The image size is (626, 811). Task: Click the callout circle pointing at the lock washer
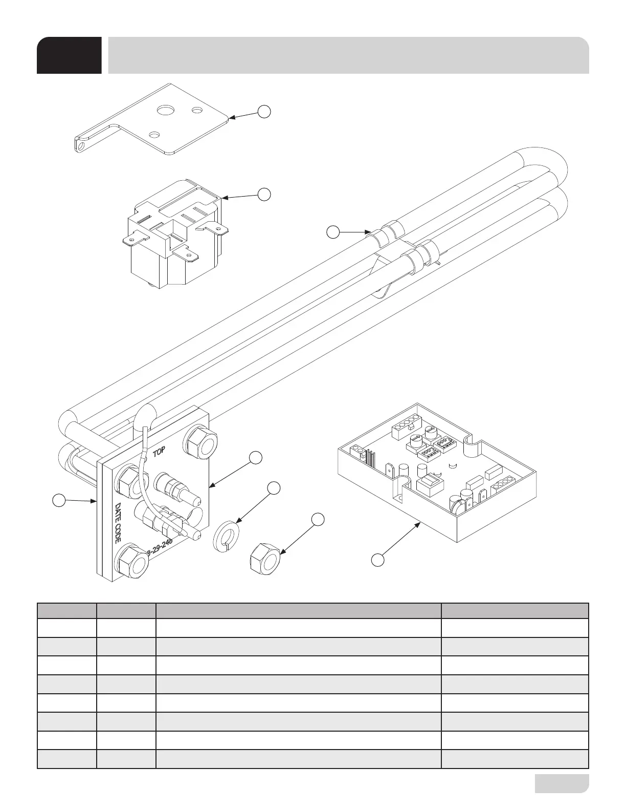click(x=275, y=488)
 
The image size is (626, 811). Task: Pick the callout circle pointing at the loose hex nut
click(x=318, y=519)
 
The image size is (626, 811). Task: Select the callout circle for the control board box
click(x=377, y=560)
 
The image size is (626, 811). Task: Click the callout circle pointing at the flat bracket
click(x=263, y=111)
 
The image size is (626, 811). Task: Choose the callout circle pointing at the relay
click(x=263, y=194)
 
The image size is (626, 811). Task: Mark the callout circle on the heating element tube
click(x=333, y=232)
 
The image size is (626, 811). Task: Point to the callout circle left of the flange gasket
click(x=60, y=500)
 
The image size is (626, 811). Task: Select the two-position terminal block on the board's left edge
click(x=357, y=451)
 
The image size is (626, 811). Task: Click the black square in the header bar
click(x=69, y=55)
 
